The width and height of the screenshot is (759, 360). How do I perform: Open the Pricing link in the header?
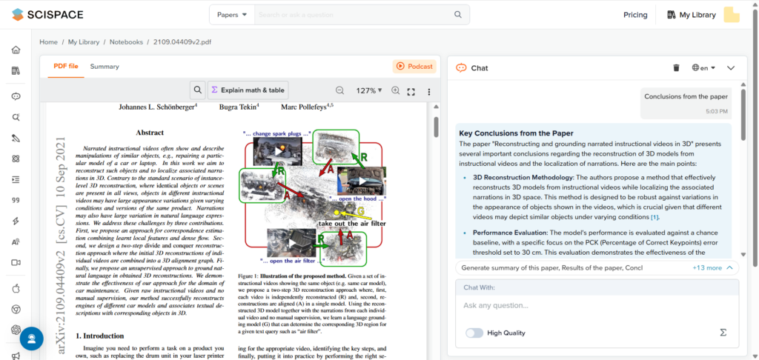(634, 15)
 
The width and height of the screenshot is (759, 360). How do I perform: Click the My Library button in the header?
(691, 15)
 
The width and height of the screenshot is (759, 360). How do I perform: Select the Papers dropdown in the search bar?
(232, 15)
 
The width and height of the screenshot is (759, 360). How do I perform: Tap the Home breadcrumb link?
(48, 42)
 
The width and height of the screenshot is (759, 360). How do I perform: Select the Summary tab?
(105, 67)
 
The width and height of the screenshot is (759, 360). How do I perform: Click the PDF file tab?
(66, 67)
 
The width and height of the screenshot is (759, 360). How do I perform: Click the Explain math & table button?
(248, 90)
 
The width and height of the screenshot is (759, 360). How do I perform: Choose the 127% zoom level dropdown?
(368, 90)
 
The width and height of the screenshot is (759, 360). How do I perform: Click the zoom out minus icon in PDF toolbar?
(339, 90)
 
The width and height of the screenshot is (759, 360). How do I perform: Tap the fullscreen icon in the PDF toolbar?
(411, 91)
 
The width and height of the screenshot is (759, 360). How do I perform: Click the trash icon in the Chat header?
(676, 67)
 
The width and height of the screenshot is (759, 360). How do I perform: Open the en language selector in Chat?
(703, 67)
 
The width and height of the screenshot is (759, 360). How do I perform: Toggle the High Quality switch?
(474, 333)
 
